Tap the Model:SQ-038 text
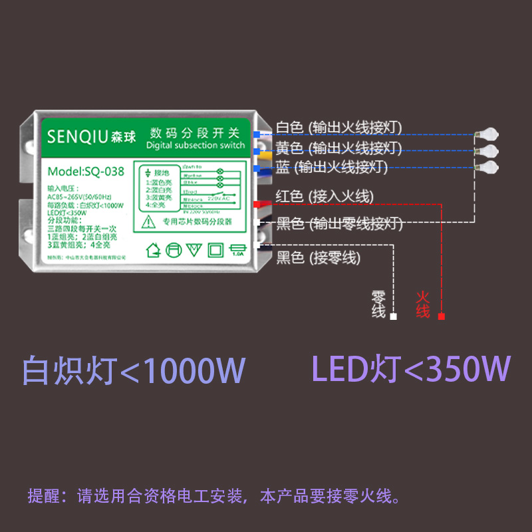click(86, 171)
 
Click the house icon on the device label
click(154, 250)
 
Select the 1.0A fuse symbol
click(237, 250)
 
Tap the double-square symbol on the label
click(216, 250)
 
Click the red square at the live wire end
click(442, 317)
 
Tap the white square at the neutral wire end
click(393, 317)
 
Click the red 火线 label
click(423, 304)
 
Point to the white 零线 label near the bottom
click(378, 304)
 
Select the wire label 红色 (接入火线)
click(325, 196)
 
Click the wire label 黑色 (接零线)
click(318, 257)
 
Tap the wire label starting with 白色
click(338, 127)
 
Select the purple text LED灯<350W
click(411, 368)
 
